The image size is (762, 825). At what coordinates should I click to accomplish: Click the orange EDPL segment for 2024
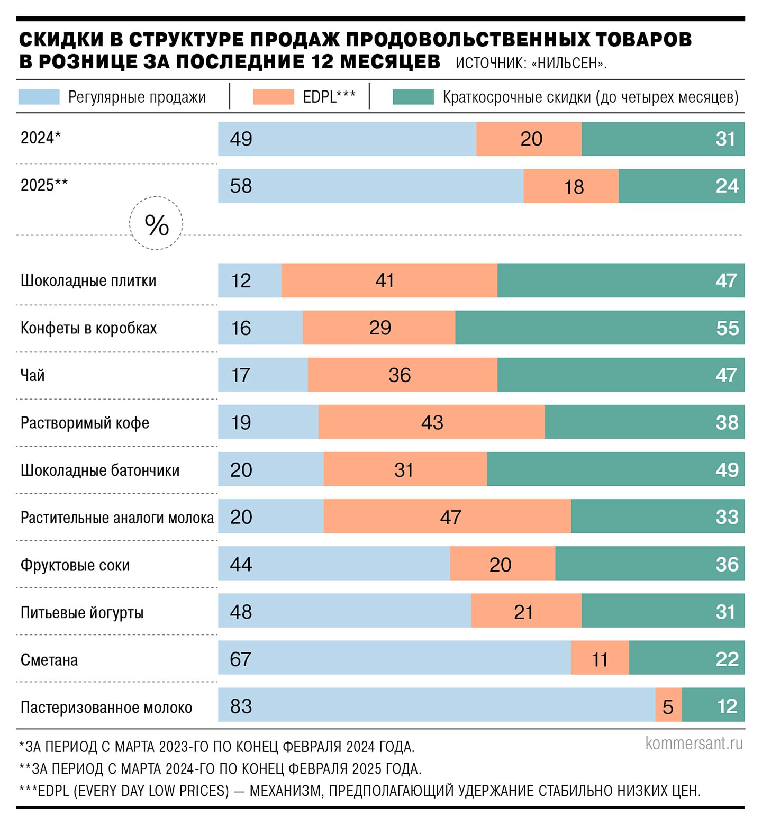pos(529,139)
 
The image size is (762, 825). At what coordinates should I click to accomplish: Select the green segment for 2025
pos(681,186)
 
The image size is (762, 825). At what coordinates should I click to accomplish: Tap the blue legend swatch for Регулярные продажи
pos(39,97)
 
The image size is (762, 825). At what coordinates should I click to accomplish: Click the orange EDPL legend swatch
pos(273,97)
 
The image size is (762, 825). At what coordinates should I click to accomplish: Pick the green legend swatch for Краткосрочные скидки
pos(413,97)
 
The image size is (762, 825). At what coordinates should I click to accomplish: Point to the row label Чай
pos(32,375)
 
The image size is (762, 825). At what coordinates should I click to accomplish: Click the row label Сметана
pos(49,660)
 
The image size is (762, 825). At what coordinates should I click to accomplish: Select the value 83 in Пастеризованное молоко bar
pos(241,706)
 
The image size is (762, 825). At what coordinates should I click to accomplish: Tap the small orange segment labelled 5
pos(668,706)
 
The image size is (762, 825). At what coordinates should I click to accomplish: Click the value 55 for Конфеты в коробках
pos(727,328)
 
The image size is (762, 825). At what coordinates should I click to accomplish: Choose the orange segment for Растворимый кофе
pos(431,422)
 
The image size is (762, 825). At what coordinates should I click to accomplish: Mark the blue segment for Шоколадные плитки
pos(250,280)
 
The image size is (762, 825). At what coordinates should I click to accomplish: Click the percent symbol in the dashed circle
pos(157,224)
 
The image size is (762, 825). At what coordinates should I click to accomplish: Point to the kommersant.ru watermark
pos(694,742)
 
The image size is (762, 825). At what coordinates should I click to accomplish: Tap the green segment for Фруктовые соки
pos(650,564)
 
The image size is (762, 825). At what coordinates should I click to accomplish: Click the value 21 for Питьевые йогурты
pos(523,612)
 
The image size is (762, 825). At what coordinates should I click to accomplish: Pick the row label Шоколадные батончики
pos(100,470)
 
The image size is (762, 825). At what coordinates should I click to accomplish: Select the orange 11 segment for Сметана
pos(600,659)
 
